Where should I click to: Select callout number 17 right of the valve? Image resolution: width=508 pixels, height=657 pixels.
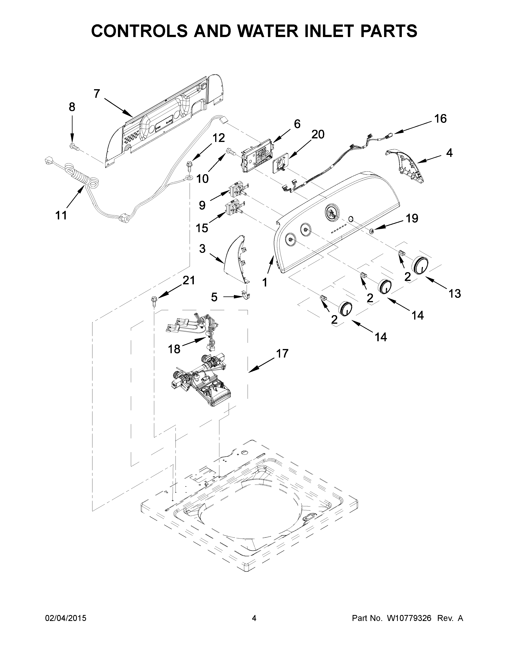point(282,353)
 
